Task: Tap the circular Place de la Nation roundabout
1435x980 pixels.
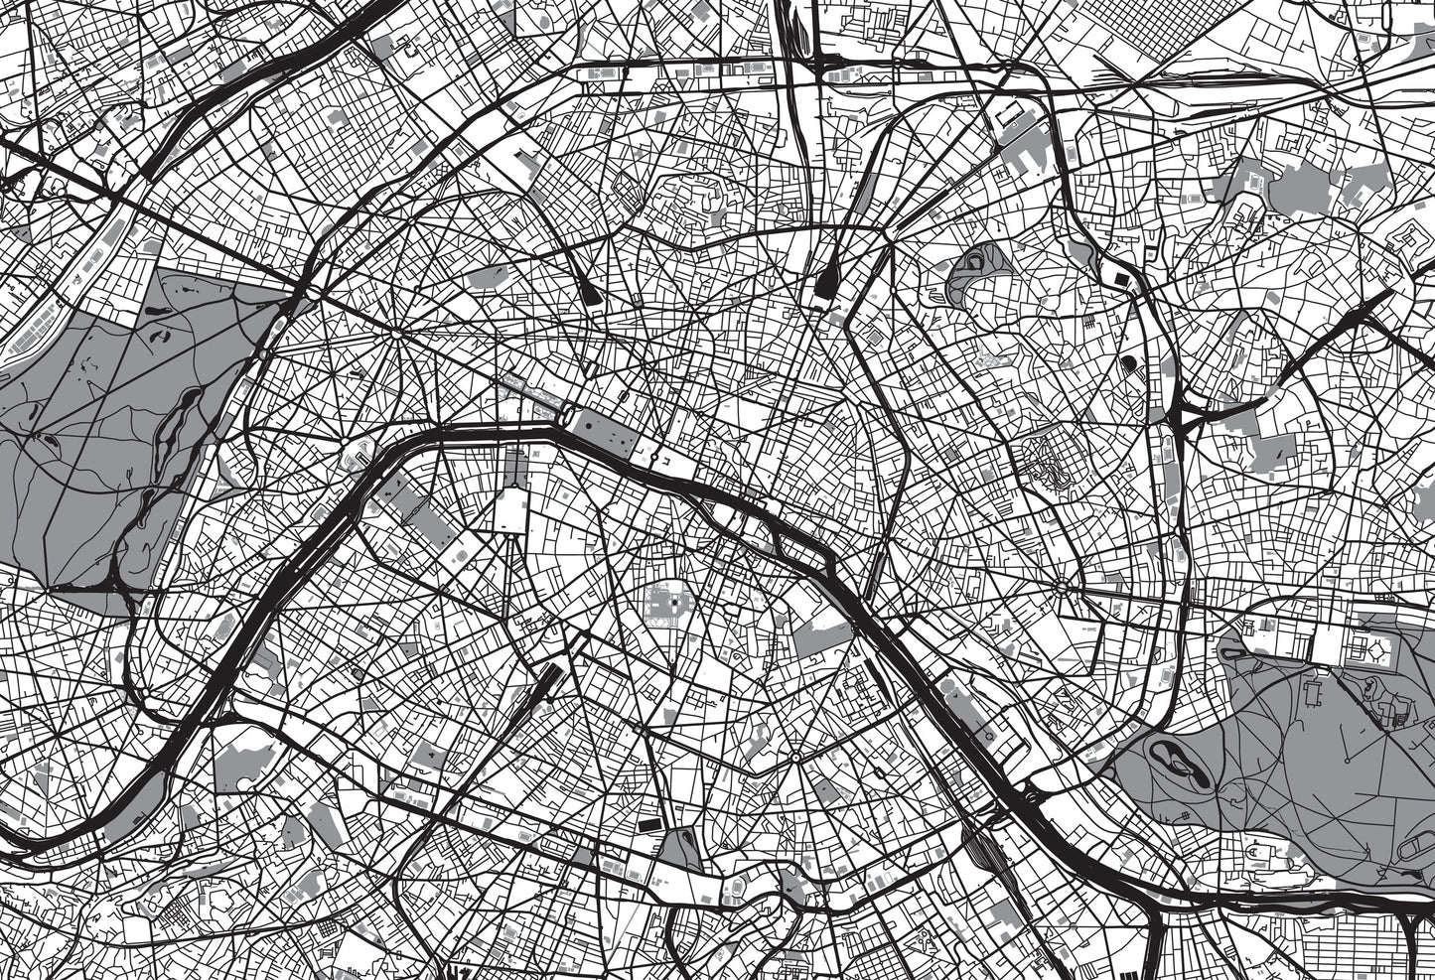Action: click(x=1062, y=588)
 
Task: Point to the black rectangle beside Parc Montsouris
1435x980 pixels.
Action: click(x=648, y=824)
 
